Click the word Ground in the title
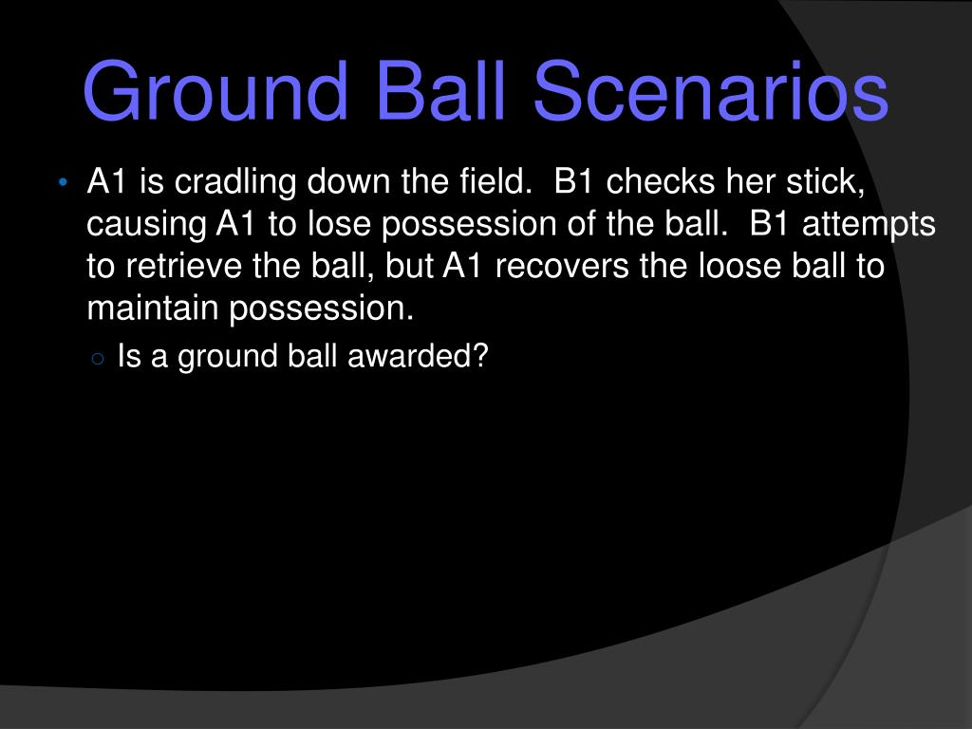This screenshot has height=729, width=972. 215,90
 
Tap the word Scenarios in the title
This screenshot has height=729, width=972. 711,90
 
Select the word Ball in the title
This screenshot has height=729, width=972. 440,90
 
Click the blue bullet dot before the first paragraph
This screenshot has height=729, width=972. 63,183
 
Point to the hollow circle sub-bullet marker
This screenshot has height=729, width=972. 98,358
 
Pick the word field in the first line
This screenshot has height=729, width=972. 495,181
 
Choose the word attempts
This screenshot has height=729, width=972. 869,224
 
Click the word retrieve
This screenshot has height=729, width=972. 183,267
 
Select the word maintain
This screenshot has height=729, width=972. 153,308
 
